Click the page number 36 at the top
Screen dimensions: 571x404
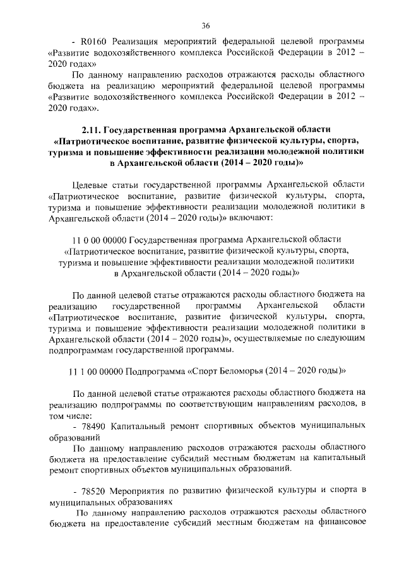click(x=205, y=25)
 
